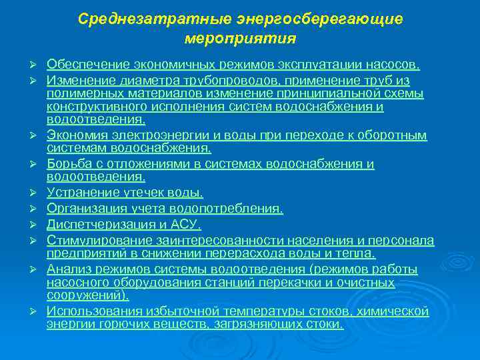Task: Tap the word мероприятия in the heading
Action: coord(239,39)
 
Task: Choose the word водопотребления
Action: coord(230,209)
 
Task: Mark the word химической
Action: coord(393,311)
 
